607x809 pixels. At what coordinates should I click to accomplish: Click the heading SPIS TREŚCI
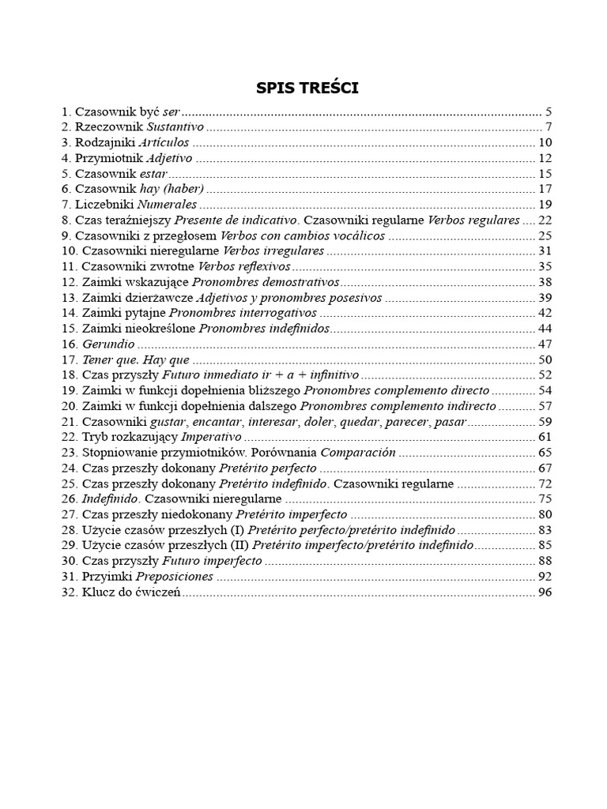(307, 88)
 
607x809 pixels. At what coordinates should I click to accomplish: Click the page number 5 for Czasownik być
(548, 112)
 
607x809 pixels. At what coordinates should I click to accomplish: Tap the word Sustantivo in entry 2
(175, 127)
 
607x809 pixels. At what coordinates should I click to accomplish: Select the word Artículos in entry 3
(164, 142)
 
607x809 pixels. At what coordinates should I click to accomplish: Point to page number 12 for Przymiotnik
(544, 158)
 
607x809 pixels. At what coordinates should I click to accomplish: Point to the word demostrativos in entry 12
(300, 281)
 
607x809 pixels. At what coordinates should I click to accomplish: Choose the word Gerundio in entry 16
(109, 344)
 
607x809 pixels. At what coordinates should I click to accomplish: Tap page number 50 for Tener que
(544, 359)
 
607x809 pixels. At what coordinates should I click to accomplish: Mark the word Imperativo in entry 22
(211, 437)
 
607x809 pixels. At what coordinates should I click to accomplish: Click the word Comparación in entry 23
(357, 453)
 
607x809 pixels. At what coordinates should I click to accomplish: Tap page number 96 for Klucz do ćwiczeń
(544, 593)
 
